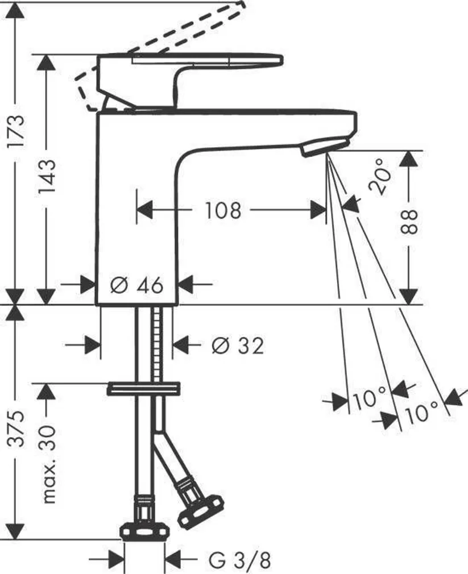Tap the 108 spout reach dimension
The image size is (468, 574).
coord(223,211)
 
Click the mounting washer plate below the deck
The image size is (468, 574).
coord(144,389)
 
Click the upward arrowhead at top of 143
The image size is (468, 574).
coord(47,63)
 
